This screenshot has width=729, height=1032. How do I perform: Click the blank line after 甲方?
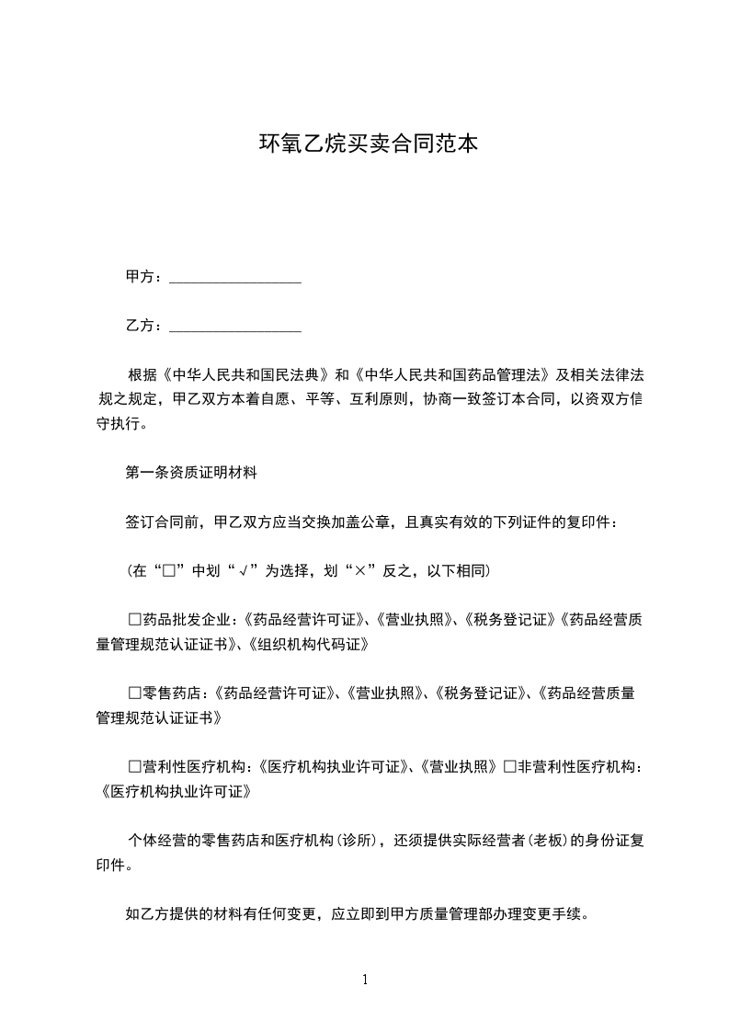tap(235, 277)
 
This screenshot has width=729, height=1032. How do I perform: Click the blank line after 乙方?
tap(235, 326)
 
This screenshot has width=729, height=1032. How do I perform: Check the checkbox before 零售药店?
tap(135, 693)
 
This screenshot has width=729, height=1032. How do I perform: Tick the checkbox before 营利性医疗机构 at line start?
tap(135, 765)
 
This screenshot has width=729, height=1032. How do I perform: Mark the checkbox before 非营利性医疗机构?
tap(509, 765)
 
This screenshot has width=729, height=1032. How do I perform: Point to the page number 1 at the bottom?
tap(365, 980)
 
